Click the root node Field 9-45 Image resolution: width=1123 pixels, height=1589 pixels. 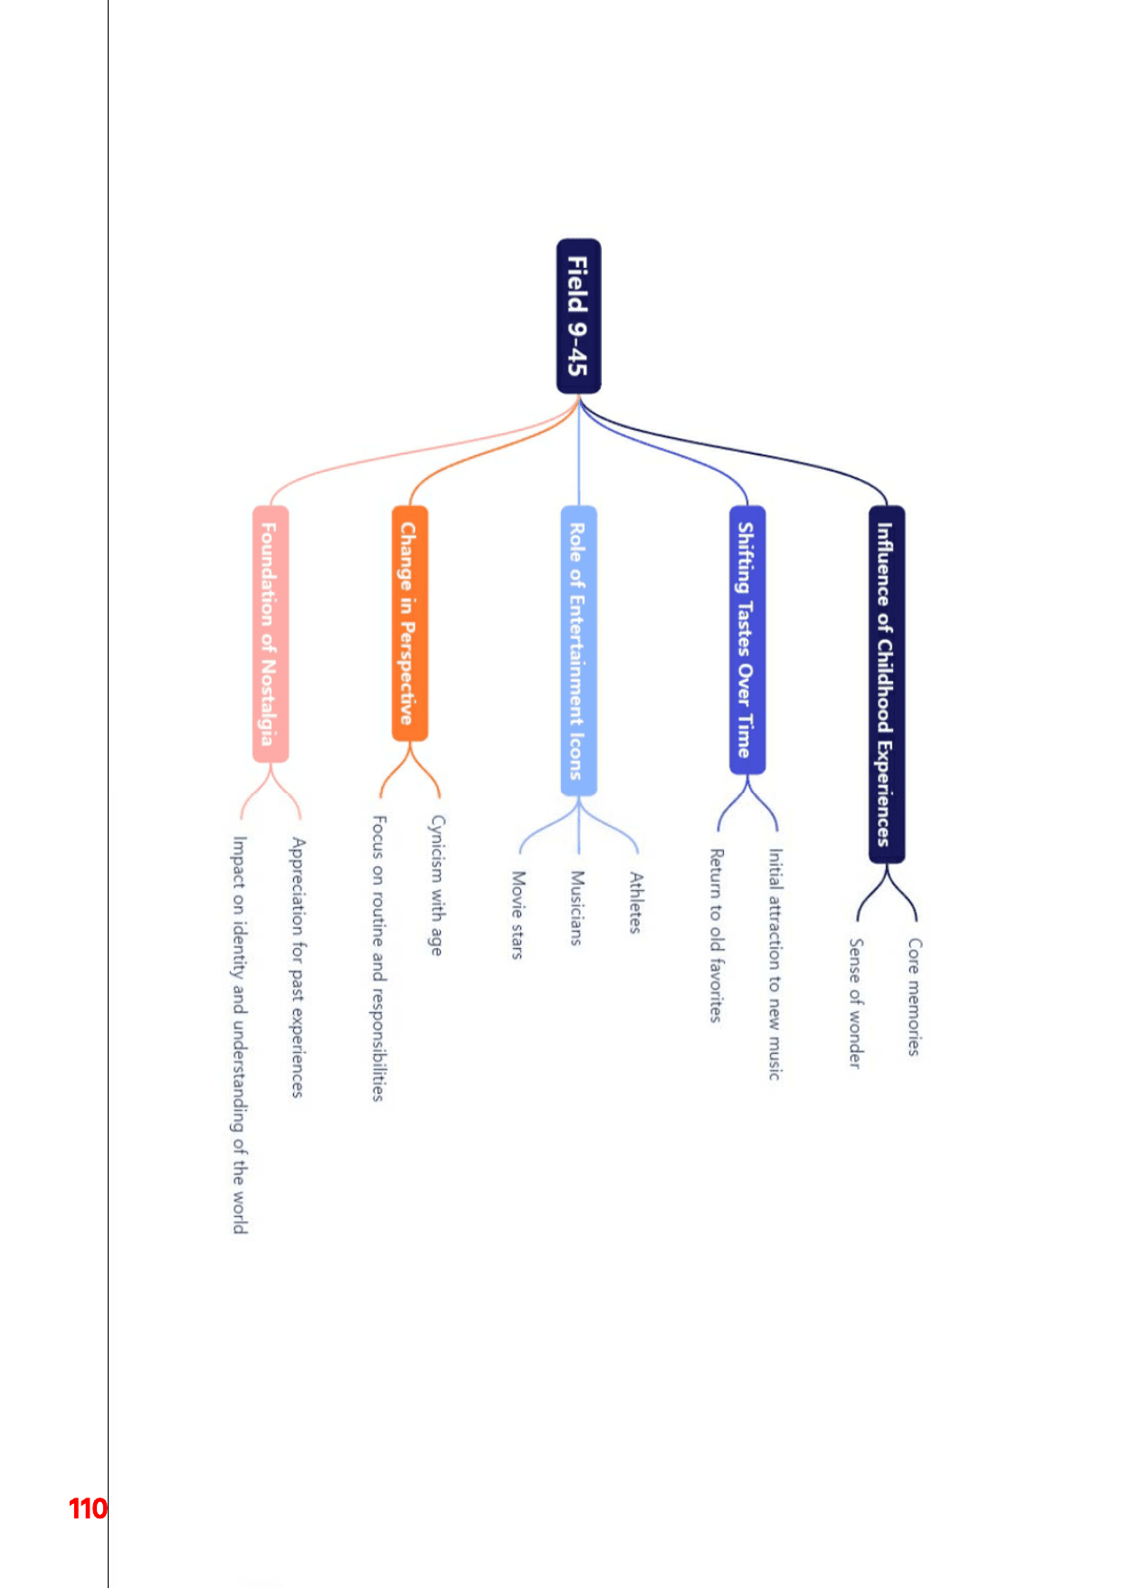click(578, 316)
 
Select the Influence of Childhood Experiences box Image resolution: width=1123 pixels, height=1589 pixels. click(887, 684)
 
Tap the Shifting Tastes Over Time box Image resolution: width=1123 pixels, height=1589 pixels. click(747, 640)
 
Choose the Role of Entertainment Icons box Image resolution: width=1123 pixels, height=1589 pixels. click(578, 651)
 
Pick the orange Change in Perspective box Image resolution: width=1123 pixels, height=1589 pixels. click(410, 623)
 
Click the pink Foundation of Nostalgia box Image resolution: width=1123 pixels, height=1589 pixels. click(270, 634)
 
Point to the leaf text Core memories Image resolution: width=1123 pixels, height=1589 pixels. click(915, 997)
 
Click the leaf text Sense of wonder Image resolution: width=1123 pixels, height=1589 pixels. click(855, 1003)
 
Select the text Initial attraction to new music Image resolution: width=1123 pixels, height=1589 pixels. click(775, 964)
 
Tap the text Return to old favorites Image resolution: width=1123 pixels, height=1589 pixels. click(716, 935)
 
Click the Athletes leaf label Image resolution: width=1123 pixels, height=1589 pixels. click(635, 903)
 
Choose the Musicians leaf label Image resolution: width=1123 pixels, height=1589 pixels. click(576, 908)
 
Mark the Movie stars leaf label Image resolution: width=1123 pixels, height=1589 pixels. click(518, 914)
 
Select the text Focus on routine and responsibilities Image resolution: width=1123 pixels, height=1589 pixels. click(378, 958)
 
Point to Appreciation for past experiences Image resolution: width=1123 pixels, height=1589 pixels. click(297, 968)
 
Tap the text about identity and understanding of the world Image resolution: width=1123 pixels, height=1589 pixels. click(239, 1035)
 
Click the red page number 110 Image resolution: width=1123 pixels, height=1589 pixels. click(88, 1508)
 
